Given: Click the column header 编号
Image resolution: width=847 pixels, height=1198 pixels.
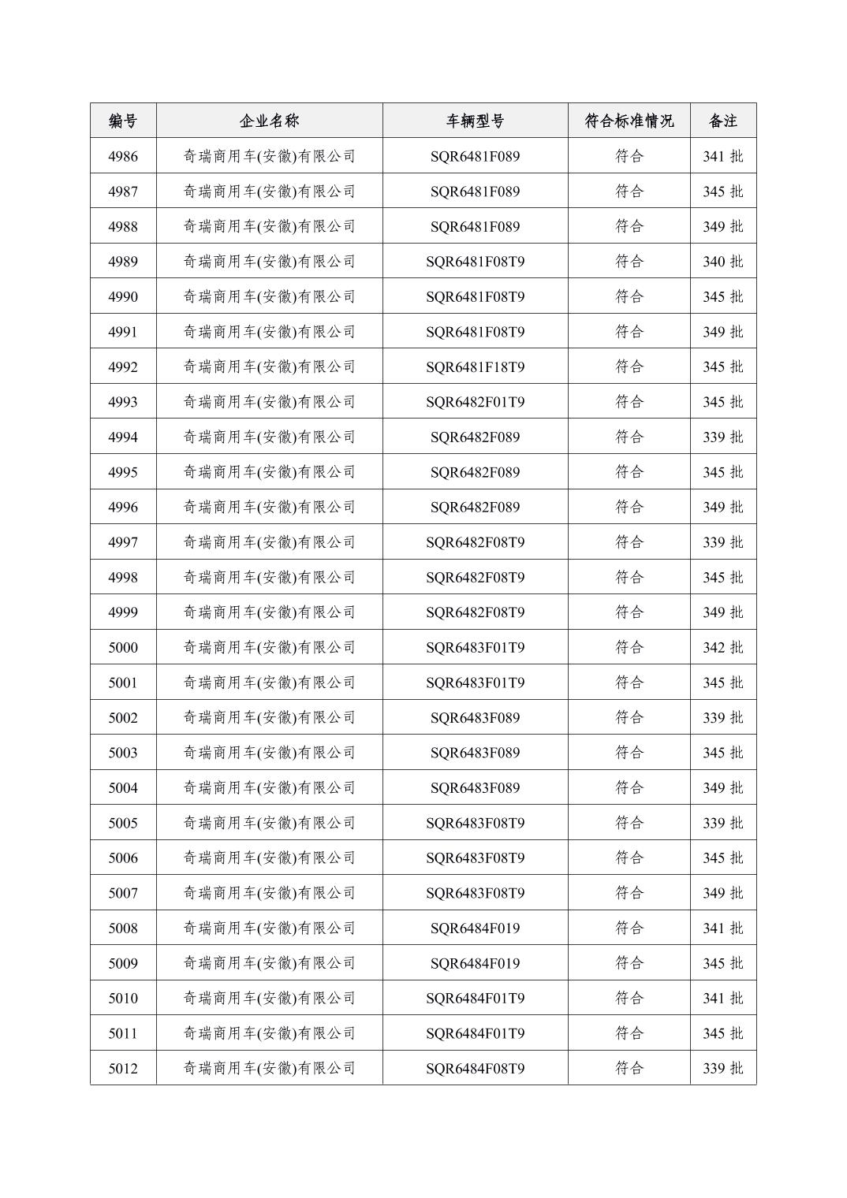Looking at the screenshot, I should coord(123,121).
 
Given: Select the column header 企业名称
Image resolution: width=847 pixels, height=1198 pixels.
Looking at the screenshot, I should coord(269,121).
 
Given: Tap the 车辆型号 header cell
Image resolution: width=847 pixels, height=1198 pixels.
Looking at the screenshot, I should coord(475,121).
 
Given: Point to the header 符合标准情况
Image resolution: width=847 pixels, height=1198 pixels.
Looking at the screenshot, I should coord(629,121).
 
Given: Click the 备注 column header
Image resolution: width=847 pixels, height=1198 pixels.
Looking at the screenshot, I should coord(722,121).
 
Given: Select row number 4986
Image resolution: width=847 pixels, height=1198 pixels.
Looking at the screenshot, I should coord(123,156).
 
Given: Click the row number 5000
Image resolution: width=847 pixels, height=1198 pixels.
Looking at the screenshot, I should coord(123,648).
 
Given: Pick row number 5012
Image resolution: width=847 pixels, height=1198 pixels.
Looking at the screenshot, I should coord(123,1069).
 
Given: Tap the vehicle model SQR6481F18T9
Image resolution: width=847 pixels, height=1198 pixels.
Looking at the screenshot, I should coord(475,366).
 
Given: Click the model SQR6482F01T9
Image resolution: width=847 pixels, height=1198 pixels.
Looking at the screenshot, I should coord(475,402).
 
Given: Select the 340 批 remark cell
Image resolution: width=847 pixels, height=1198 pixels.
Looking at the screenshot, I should coord(722,262).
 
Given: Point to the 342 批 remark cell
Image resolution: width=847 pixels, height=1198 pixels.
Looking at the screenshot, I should coord(722,648).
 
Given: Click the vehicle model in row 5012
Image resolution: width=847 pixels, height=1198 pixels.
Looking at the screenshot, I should coord(475,1069).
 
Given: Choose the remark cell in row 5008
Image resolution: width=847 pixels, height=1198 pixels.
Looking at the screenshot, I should coord(722,928).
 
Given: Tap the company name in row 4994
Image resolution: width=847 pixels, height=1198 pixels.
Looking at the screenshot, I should coord(269,437).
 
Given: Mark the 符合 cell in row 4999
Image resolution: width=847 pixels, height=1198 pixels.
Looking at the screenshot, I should coord(629,612).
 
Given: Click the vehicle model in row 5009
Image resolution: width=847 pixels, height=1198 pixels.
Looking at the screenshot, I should coord(475,963).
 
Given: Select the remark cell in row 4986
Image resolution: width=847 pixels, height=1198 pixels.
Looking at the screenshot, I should coord(722,156).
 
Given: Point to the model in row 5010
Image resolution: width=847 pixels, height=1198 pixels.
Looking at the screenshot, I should coord(475,999).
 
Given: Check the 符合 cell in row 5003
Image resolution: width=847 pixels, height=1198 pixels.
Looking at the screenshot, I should coord(629,753).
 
